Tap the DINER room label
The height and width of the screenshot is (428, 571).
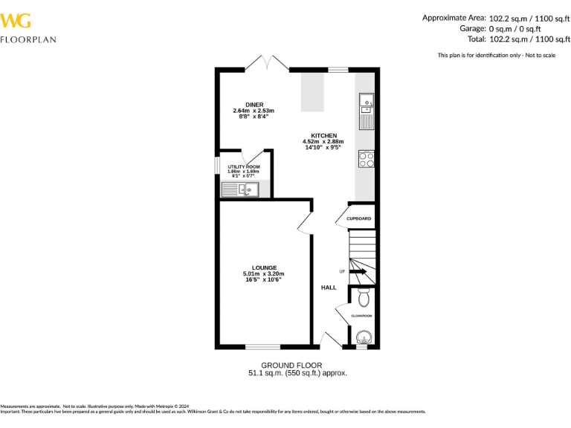pos(254,105)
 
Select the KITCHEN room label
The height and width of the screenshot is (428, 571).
pos(324,135)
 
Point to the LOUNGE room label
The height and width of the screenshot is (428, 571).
pos(264,267)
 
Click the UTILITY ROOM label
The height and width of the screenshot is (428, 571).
pos(243,166)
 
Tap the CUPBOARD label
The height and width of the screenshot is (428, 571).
pos(358,218)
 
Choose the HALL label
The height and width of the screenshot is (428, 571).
pos(329,287)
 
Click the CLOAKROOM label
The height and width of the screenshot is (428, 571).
pos(361,316)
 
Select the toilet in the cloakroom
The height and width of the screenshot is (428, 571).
pos(363,298)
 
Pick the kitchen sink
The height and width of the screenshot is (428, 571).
pos(366,111)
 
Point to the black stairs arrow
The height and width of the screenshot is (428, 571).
pos(358,272)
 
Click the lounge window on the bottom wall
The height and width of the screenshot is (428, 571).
pos(262,346)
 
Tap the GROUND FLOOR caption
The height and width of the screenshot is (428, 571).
pos(291,365)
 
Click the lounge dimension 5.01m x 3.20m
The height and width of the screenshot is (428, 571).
pos(264,273)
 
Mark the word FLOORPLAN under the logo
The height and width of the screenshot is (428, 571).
pos(28,39)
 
